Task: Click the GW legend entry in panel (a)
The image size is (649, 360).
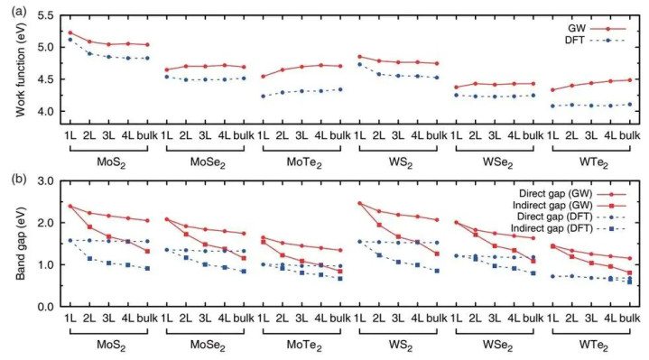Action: coord(597,29)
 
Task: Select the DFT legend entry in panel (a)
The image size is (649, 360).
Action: coord(595,40)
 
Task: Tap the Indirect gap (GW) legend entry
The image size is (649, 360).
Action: coord(570,205)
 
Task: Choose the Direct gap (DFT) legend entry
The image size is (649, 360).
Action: coord(571,217)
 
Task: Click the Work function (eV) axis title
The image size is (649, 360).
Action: coord(21,69)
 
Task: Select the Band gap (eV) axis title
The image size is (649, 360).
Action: coord(21,244)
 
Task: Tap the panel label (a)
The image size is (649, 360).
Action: coord(19,11)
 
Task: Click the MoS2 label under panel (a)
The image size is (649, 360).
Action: coord(111,162)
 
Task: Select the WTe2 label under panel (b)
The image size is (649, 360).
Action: coord(594,346)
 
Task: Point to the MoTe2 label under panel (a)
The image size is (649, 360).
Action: coord(304,162)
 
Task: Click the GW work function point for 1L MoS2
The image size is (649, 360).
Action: coord(70,32)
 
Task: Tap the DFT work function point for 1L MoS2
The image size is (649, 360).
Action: coord(70,40)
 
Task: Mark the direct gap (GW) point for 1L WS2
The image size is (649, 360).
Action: coord(359,203)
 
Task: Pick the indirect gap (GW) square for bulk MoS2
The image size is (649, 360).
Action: coord(147,251)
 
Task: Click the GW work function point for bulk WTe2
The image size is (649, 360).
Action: coord(630,80)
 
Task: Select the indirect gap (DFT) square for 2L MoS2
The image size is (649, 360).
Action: coord(89,258)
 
